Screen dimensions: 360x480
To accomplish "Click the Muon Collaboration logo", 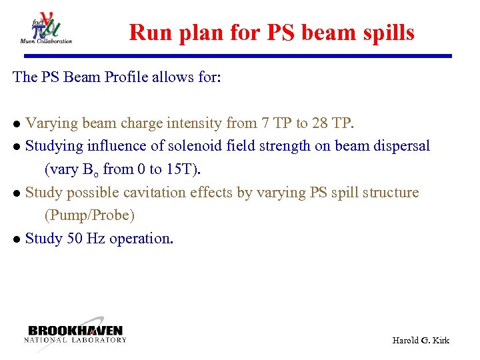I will pos(46,28).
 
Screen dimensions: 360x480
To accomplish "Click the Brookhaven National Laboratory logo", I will pos(75,334).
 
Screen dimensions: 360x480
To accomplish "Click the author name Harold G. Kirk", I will pos(421,341).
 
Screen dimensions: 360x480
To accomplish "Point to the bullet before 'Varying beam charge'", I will pos(17,124).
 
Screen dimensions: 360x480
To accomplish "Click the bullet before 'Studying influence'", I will pos(17,147).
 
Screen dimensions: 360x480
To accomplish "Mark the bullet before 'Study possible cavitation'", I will pos(17,193).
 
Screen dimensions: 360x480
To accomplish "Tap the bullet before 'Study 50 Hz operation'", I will pos(17,239).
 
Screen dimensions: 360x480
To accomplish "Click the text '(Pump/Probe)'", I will pos(89,216).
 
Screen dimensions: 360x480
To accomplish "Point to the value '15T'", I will pos(182,169).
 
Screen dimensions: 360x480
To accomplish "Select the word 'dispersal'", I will pos(399,146).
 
